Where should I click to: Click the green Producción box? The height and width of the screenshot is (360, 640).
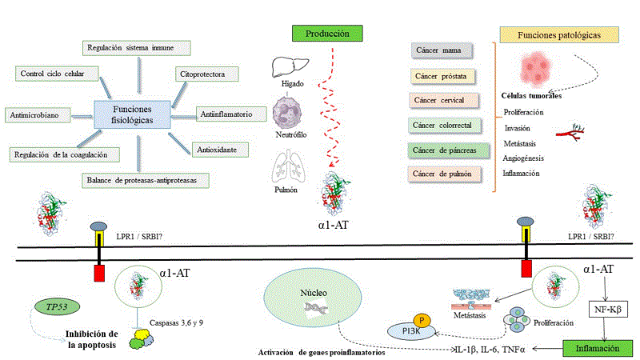pyautogui.click(x=328, y=34)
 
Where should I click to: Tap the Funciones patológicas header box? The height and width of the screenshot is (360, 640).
pyautogui.click(x=559, y=35)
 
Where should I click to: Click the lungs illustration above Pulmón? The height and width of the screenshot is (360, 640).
pyautogui.click(x=286, y=167)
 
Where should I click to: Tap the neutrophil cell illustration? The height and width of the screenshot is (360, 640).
pyautogui.click(x=287, y=112)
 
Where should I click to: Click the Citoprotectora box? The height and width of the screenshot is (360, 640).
pyautogui.click(x=206, y=74)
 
